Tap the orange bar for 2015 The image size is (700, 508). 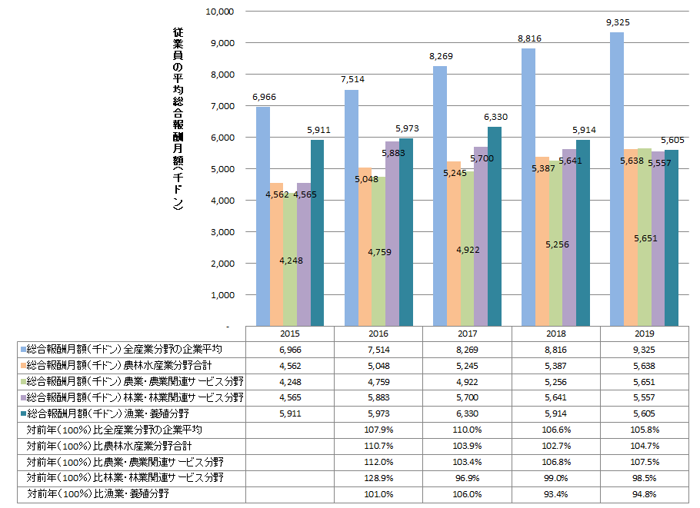click(276, 254)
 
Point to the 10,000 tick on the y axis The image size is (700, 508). click(220, 12)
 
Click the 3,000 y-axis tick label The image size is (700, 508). click(222, 232)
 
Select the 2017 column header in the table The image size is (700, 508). click(468, 334)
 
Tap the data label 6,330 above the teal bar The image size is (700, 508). click(496, 117)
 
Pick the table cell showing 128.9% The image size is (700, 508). click(379, 477)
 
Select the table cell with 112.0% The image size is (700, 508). click(379, 461)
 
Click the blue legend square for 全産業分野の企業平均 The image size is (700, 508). click(22, 349)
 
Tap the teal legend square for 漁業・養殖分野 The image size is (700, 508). click(22, 413)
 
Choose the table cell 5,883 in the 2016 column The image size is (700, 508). click(379, 397)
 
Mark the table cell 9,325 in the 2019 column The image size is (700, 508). click(645, 349)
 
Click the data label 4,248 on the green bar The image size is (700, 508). click(290, 260)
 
